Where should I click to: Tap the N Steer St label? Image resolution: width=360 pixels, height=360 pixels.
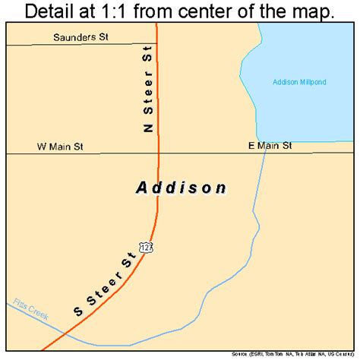coord(147,91)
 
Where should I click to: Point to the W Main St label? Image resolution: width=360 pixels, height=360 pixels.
coord(60,145)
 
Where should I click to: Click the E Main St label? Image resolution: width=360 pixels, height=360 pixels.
coord(269,145)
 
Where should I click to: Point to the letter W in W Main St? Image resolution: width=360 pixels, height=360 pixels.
coord(40,145)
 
